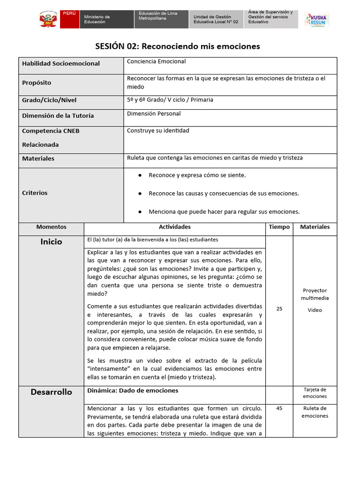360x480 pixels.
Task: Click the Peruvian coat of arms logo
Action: tap(48, 20)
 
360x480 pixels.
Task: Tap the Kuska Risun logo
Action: tap(317, 20)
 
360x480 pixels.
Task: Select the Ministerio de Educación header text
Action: tap(97, 19)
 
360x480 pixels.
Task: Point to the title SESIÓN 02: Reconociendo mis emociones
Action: tap(177, 46)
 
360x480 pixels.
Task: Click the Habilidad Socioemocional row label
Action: tap(61, 63)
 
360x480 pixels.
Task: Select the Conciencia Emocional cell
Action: tap(156, 61)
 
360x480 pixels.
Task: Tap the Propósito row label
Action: tap(37, 82)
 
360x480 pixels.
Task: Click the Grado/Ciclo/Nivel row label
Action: tap(49, 100)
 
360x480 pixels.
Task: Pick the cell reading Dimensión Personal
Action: tap(154, 113)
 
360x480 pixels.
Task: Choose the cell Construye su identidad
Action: tap(158, 131)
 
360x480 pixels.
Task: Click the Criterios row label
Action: tap(35, 193)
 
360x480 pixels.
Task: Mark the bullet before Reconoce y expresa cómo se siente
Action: tap(140, 175)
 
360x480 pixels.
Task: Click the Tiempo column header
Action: tap(279, 227)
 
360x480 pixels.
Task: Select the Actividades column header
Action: tap(174, 227)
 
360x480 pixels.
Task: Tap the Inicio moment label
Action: tap(51, 242)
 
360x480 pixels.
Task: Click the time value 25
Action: tap(279, 308)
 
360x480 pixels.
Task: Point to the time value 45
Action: tap(279, 408)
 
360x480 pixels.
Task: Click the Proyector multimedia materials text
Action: tap(315, 294)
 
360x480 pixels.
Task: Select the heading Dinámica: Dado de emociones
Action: tap(133, 390)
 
